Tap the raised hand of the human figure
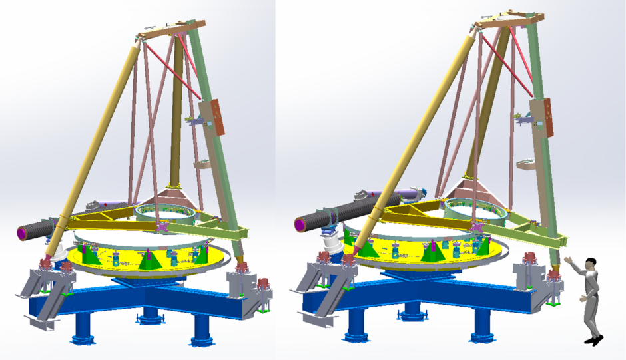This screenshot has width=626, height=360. click(567, 260)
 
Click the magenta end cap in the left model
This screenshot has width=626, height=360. click(23, 233)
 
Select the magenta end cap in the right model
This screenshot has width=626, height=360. click(300, 224)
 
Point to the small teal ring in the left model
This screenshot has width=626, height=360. click(167, 213)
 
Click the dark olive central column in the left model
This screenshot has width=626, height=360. click(177, 113)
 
